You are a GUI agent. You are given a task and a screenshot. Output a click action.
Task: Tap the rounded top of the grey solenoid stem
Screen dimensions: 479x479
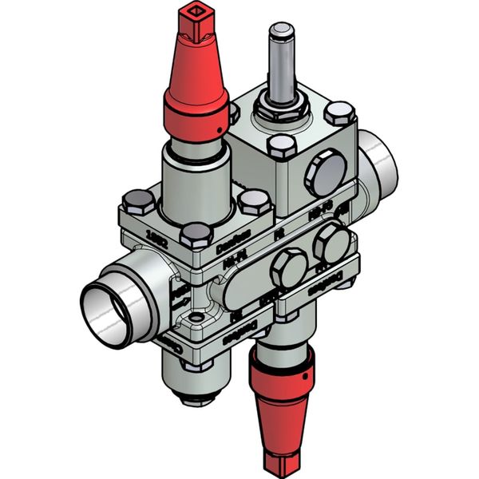281,31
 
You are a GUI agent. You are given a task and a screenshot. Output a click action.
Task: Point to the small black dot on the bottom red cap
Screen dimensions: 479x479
305,371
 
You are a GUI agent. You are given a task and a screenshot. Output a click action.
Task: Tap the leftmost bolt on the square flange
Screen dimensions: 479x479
138,200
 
